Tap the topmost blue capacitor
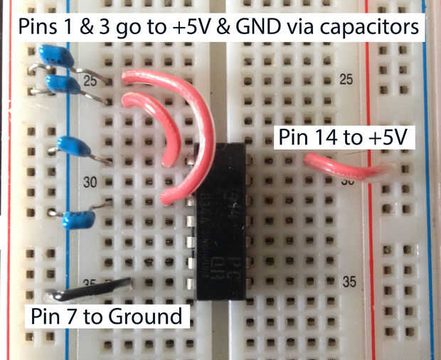pos(56,55)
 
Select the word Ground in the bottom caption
pos(149,315)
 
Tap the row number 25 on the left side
pos(90,81)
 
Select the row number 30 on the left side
pos(89,181)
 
